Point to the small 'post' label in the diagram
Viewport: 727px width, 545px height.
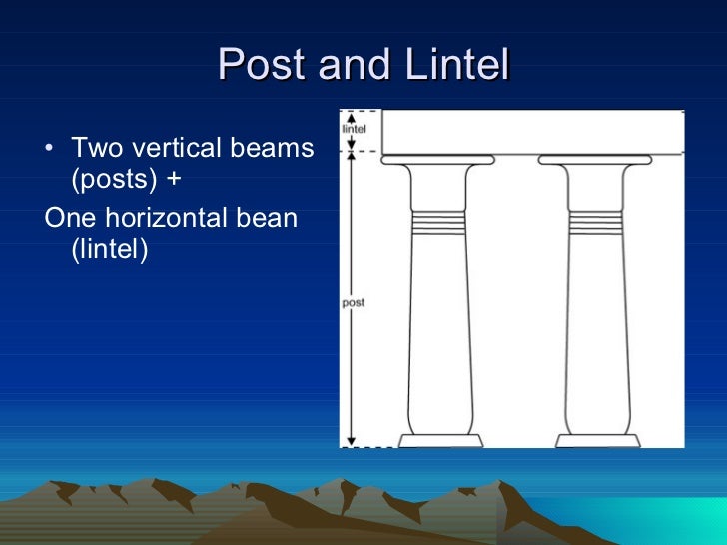click(353, 302)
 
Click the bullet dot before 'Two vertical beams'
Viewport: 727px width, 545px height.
click(51, 152)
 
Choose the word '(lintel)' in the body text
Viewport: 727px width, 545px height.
click(109, 248)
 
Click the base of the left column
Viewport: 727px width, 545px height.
click(440, 440)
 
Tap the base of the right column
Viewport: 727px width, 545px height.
click(598, 440)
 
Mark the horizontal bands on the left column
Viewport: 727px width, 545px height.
click(440, 222)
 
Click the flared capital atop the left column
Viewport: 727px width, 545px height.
click(438, 161)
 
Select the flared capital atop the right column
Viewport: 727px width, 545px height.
click(596, 161)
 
